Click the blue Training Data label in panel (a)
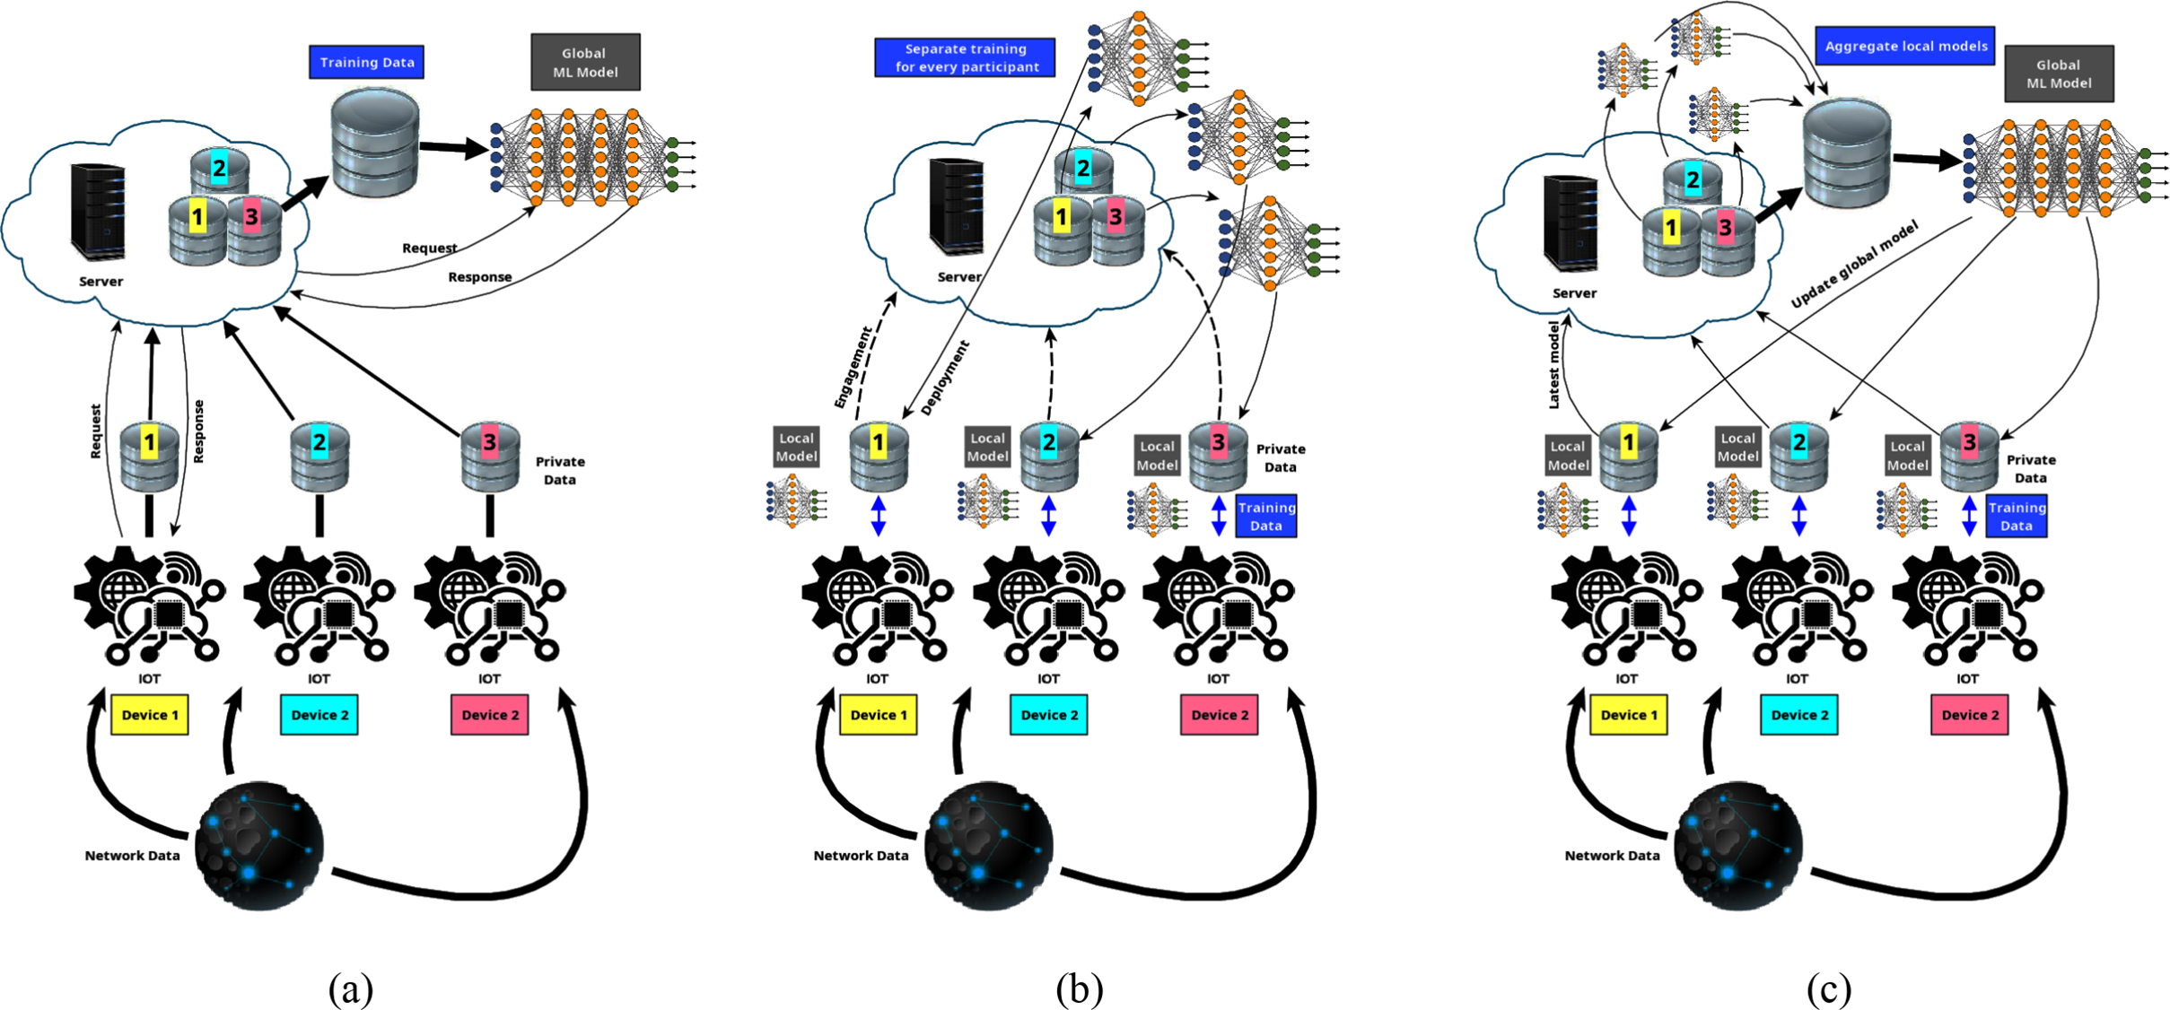coord(366,62)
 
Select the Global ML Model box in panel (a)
coord(585,62)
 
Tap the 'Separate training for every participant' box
coord(965,57)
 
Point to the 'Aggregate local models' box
coord(1904,46)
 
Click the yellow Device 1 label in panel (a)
coord(150,715)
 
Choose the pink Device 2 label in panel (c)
coord(1969,715)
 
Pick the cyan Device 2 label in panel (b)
coord(1048,715)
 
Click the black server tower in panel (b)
coord(956,206)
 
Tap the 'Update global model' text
coord(1854,266)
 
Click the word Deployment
coord(945,377)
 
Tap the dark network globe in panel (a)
coord(259,845)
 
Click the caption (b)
coord(1079,989)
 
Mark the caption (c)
coord(1828,989)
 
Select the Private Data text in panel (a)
coord(560,470)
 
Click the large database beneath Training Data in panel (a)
coord(374,142)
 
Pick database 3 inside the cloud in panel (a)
coord(253,231)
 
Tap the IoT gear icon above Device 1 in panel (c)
coord(1626,605)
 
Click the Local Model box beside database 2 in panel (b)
coord(987,446)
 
